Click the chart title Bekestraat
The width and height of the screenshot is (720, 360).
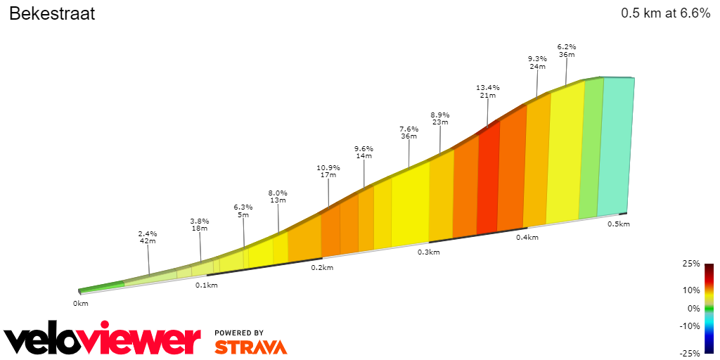(x=51, y=13)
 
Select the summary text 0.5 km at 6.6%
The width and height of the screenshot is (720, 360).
(x=665, y=13)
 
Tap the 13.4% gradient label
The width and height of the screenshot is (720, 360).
(x=487, y=88)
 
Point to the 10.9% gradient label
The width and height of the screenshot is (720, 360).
(x=328, y=168)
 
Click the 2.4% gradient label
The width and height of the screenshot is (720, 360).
(x=147, y=234)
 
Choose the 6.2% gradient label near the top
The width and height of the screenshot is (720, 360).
(x=567, y=47)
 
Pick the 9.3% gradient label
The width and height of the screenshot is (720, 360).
(x=537, y=59)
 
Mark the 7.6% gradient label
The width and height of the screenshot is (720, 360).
(x=409, y=129)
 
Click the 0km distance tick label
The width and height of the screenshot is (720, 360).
(x=81, y=304)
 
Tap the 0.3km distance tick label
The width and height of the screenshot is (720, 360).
(x=428, y=252)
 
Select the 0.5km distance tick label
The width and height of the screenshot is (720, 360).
(x=619, y=224)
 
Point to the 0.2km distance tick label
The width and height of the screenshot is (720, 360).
(x=321, y=268)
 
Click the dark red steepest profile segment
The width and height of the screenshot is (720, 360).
(x=487, y=179)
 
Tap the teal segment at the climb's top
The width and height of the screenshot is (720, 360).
(x=617, y=144)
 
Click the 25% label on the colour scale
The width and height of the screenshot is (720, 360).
(x=692, y=264)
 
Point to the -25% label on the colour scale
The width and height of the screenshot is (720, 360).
(x=690, y=353)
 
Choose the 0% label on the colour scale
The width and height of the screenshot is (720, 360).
(x=693, y=308)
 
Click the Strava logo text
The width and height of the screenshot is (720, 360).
(x=250, y=347)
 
